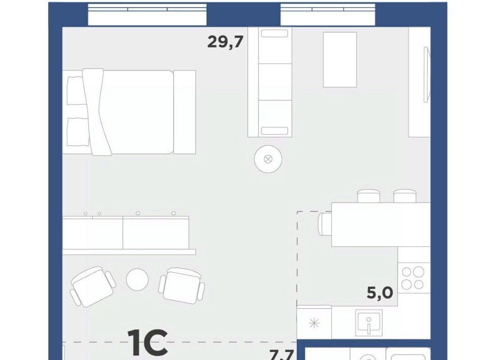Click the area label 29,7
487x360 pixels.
pyautogui.click(x=225, y=42)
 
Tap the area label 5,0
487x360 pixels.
pyautogui.click(x=380, y=293)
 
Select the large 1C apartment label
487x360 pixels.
pyautogui.click(x=148, y=342)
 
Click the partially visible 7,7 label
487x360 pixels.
pyautogui.click(x=282, y=355)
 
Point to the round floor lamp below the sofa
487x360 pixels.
pyautogui.click(x=268, y=159)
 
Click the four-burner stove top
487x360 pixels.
pyautogui.click(x=413, y=278)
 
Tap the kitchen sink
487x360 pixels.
pyautogui.click(x=369, y=322)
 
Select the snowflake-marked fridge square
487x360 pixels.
pyautogui.click(x=314, y=323)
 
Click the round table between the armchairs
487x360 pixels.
pyautogui.click(x=137, y=279)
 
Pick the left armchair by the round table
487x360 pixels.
pyautogui.click(x=93, y=286)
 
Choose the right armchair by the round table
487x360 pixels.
pyautogui.click(x=182, y=285)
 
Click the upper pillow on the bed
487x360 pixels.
pyautogui.click(x=76, y=91)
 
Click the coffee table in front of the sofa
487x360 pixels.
pyautogui.click(x=340, y=60)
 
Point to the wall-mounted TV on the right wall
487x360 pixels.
pyautogui.click(x=427, y=74)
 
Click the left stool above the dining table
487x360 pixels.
pyautogui.click(x=368, y=196)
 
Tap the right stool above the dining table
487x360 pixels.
pyautogui.click(x=405, y=196)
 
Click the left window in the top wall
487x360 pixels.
pyautogui.click(x=147, y=15)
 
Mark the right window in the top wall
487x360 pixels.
pyautogui.click(x=328, y=15)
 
